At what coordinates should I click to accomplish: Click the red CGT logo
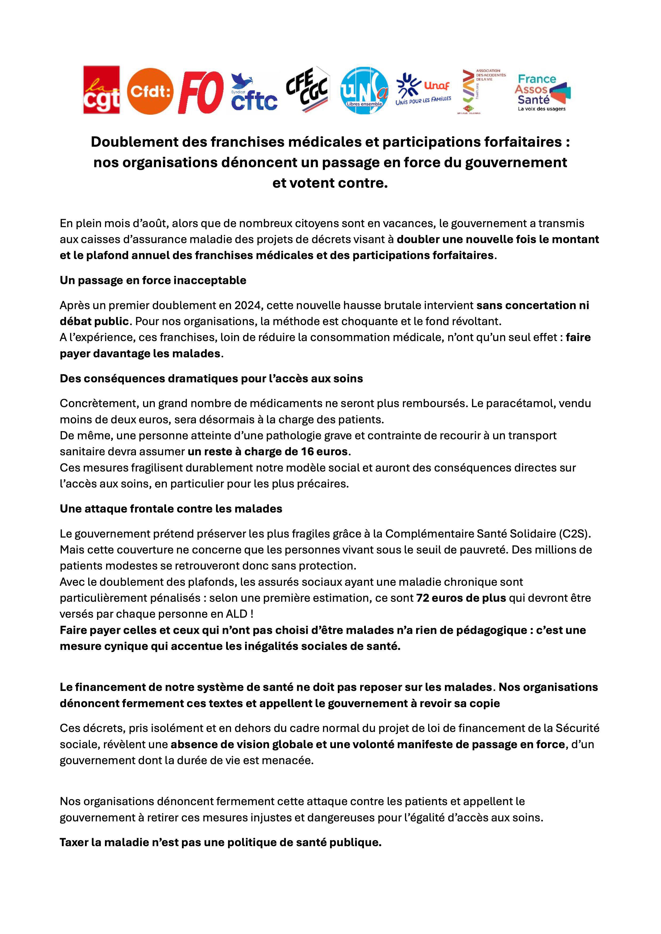click(x=101, y=90)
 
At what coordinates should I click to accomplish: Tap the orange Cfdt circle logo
click(x=150, y=90)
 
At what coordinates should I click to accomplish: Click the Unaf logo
click(x=424, y=90)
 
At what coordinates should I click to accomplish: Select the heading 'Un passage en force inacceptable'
click(x=153, y=280)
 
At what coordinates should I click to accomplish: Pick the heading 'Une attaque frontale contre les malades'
click(x=171, y=509)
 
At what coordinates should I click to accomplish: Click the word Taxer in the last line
click(x=74, y=842)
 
